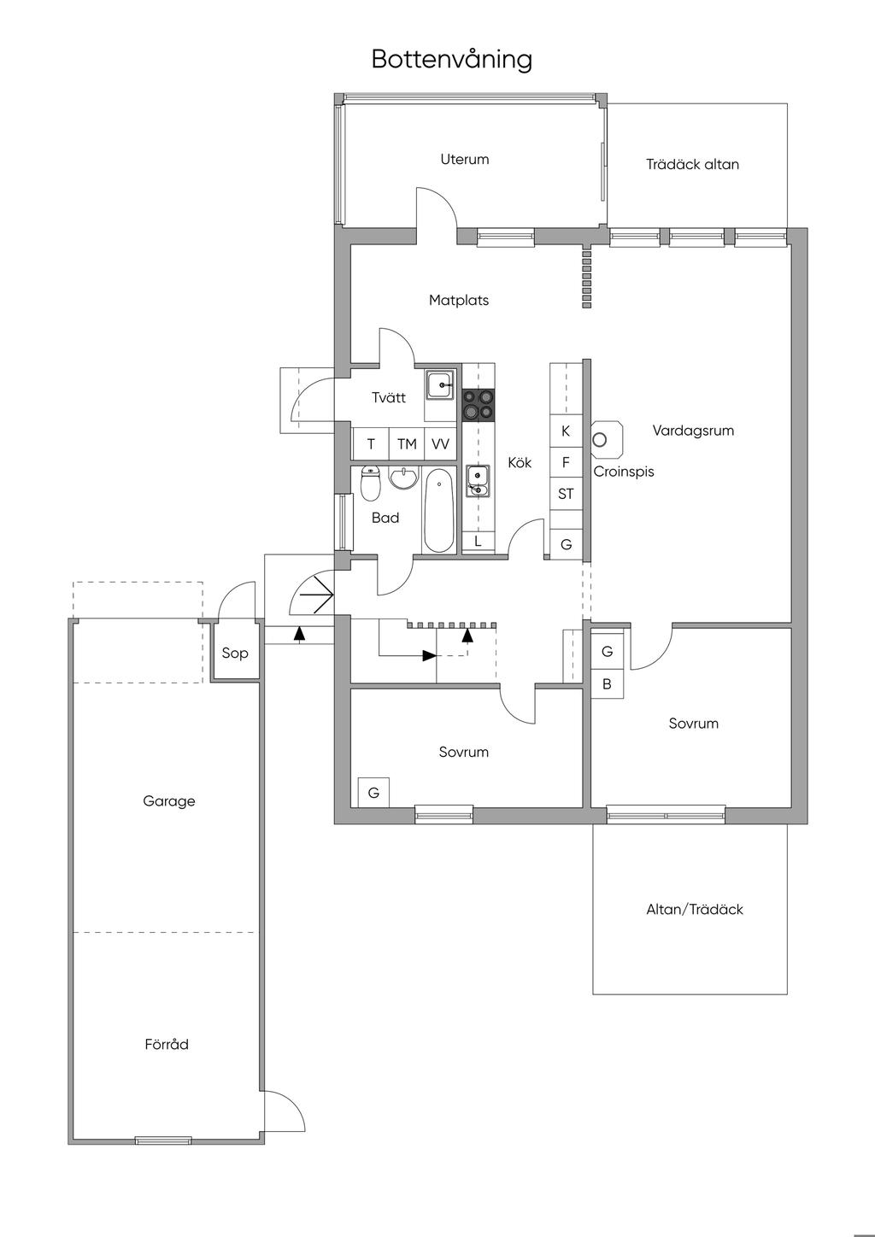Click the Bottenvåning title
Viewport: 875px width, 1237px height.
pyautogui.click(x=451, y=59)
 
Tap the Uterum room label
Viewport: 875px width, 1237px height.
pyautogui.click(x=465, y=159)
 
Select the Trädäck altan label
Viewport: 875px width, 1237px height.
pyautogui.click(x=692, y=164)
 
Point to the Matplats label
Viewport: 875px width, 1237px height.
pyautogui.click(x=459, y=301)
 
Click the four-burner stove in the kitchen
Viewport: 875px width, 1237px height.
pyautogui.click(x=479, y=405)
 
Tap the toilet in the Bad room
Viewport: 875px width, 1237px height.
pyautogui.click(x=370, y=484)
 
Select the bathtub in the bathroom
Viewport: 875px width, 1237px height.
pyautogui.click(x=439, y=510)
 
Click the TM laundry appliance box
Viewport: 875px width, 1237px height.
pyautogui.click(x=407, y=443)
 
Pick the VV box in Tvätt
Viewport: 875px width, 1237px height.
pyautogui.click(x=440, y=443)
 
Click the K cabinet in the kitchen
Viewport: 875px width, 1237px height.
pyautogui.click(x=566, y=431)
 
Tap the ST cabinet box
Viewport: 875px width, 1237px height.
pyautogui.click(x=566, y=494)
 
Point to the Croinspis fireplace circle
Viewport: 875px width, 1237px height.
pyautogui.click(x=600, y=440)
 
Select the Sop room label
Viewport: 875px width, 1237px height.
pyautogui.click(x=235, y=653)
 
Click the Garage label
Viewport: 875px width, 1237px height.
pyautogui.click(x=169, y=801)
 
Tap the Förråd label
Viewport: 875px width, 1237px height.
pyautogui.click(x=167, y=1044)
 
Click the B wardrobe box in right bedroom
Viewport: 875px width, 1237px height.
pyautogui.click(x=607, y=683)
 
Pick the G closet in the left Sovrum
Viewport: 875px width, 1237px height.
pyautogui.click(x=373, y=793)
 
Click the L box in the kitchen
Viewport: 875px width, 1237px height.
pyautogui.click(x=478, y=542)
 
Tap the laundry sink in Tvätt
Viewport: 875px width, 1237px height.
pyautogui.click(x=440, y=384)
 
